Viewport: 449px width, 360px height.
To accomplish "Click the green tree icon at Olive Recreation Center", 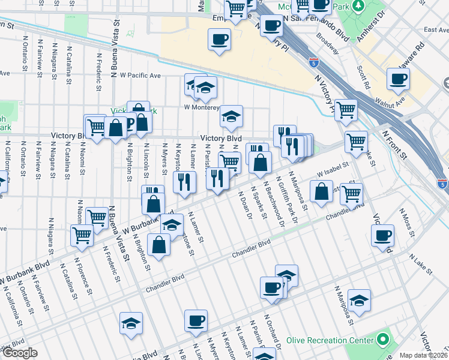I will (x=382, y=340).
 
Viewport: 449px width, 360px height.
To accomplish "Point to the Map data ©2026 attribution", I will (x=423, y=355).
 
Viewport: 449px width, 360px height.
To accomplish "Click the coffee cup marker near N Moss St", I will (x=382, y=236).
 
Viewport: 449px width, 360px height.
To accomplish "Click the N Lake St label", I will (x=421, y=263).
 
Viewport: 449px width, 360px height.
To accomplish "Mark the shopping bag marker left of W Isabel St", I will (x=322, y=191).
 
